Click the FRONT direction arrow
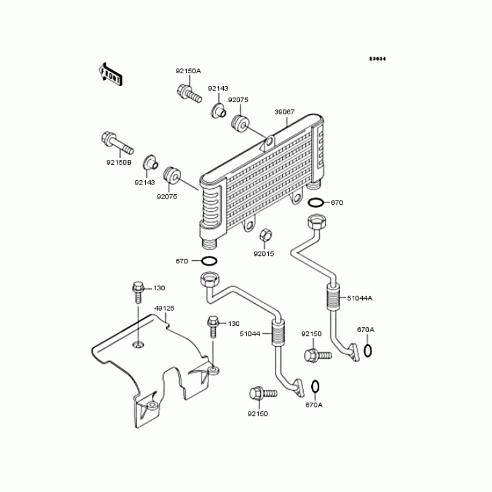coord(111,73)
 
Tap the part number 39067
coord(284,112)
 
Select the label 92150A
coord(188,71)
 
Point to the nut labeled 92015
coord(264,235)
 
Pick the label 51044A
coord(360,298)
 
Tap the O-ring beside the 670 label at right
coord(314,203)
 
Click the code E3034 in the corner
coord(377,59)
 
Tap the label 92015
coord(264,253)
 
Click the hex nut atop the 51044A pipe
coord(315,221)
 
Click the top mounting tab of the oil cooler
coord(268,144)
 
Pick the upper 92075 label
coord(238,100)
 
